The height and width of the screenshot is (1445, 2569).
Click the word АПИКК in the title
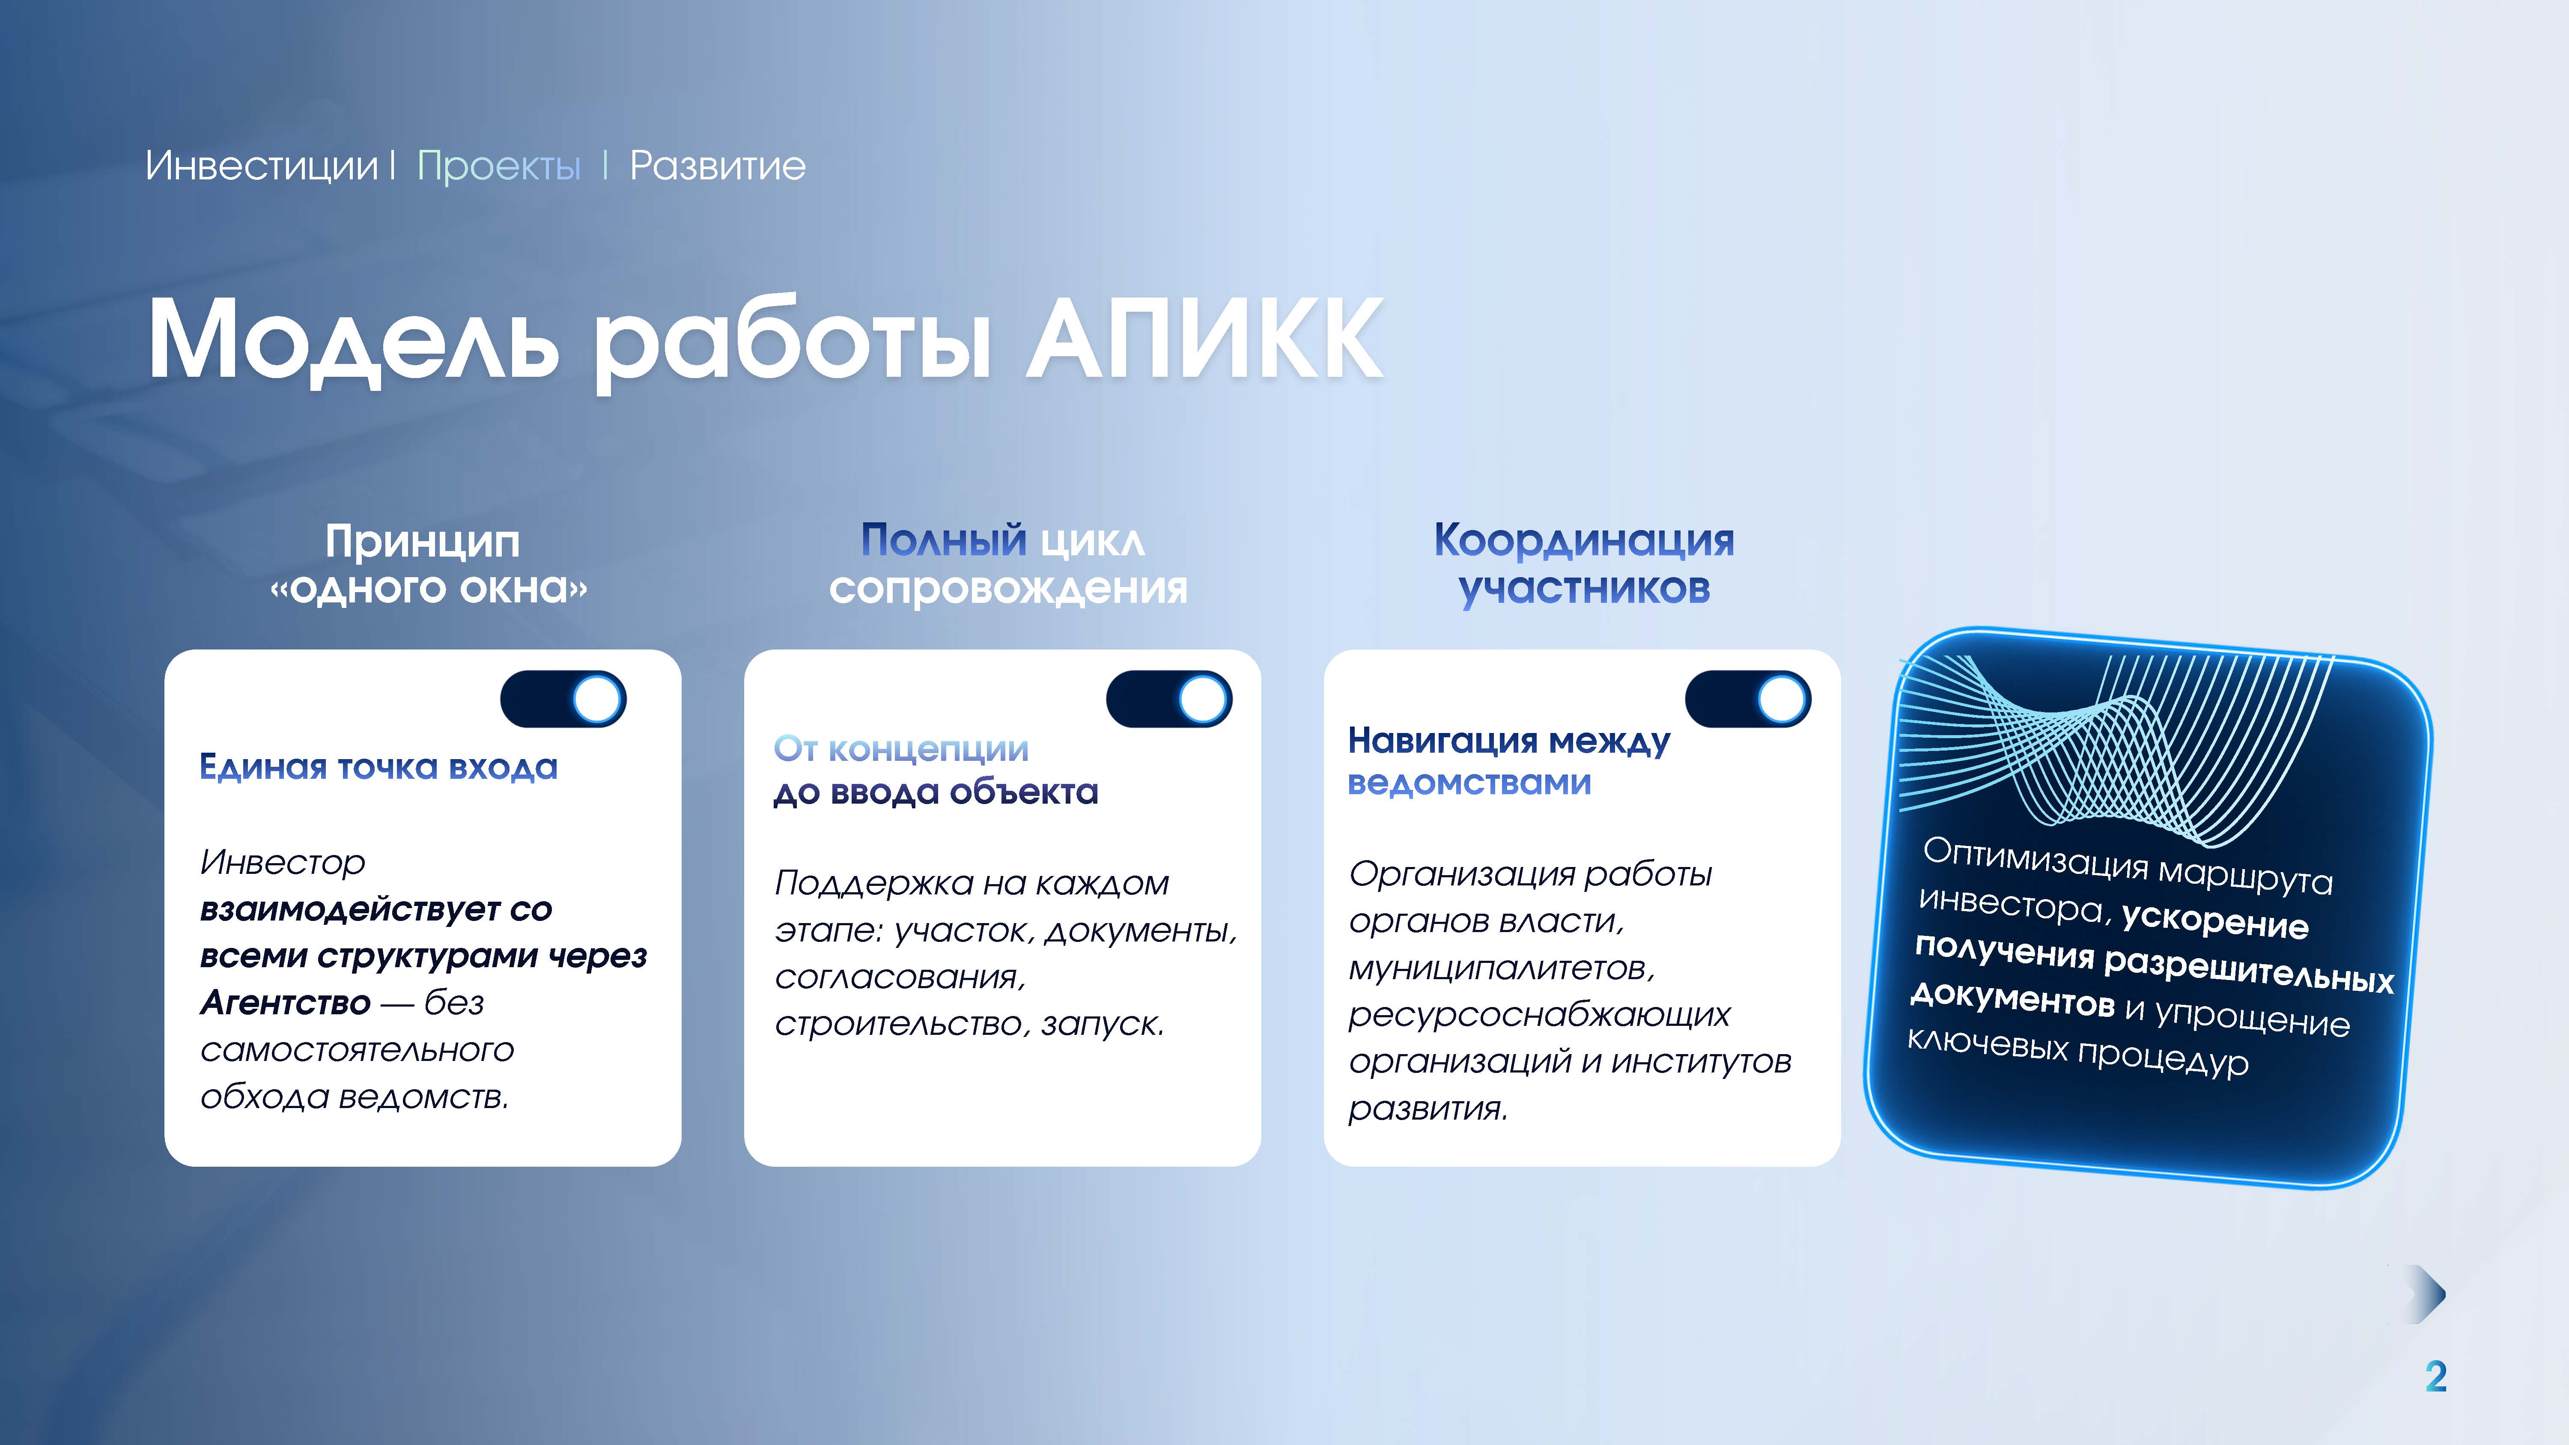[x=1205, y=339]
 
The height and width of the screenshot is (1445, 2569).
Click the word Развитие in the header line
[x=717, y=166]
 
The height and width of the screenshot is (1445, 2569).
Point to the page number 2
[x=2435, y=1377]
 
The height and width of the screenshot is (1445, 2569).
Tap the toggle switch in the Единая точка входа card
[x=563, y=699]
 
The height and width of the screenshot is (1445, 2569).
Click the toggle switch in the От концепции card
[x=1169, y=699]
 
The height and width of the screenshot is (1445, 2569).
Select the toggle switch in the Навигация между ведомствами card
[x=1748, y=699]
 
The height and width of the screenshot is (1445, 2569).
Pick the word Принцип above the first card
[x=423, y=542]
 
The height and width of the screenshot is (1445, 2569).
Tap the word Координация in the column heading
[x=1584, y=542]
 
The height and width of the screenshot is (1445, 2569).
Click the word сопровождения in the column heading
[x=1008, y=588]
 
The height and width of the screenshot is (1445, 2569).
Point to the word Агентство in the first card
[x=285, y=1002]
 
